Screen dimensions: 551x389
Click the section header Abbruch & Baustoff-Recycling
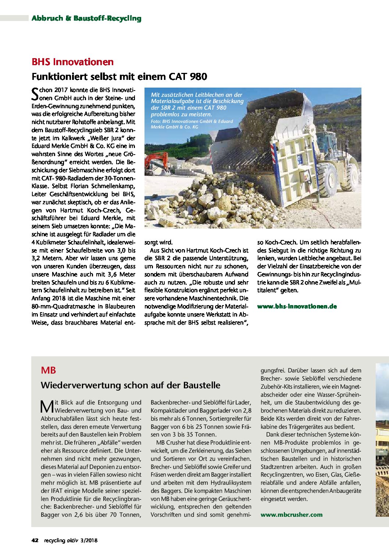click(86, 18)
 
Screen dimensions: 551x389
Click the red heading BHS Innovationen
click(72, 62)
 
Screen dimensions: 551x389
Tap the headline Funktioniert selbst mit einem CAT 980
click(119, 77)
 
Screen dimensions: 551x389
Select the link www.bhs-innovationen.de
click(297, 306)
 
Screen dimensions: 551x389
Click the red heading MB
click(48, 370)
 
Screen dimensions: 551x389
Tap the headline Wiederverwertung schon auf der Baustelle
click(131, 385)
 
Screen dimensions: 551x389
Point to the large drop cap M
click(47, 406)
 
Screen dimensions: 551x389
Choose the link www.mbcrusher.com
click(291, 515)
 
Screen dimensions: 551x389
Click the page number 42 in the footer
click(35, 540)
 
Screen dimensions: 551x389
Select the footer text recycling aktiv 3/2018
click(71, 540)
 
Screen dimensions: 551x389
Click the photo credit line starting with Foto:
click(192, 124)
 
